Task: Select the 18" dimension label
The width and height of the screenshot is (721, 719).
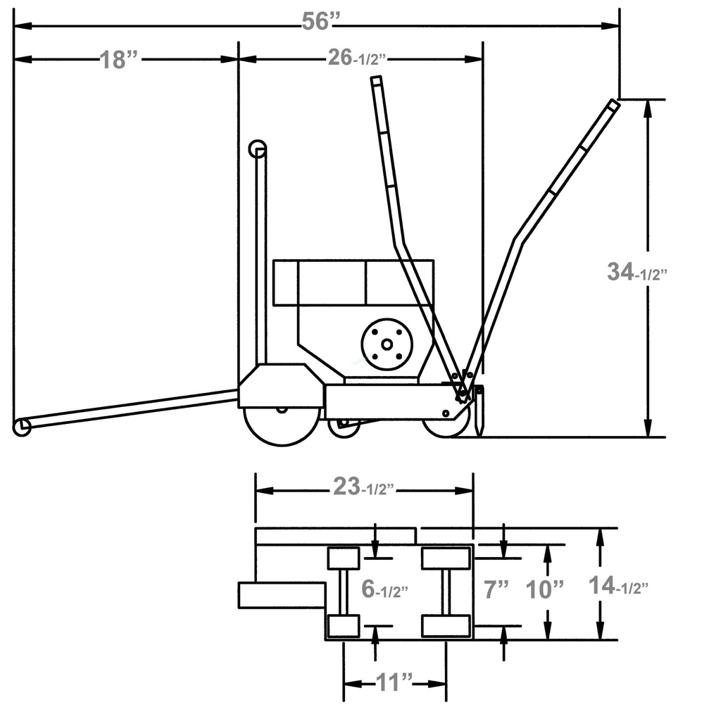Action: pos(118,60)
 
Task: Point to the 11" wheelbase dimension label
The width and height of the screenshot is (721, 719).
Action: pos(394,682)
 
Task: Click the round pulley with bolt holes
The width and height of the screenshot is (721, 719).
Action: pos(386,344)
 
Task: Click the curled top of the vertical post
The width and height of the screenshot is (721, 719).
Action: pos(258,149)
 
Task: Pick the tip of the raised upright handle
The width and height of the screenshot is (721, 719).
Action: pos(376,81)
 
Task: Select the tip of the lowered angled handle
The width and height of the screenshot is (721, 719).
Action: pos(613,105)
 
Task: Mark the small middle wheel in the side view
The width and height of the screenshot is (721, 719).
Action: pos(344,427)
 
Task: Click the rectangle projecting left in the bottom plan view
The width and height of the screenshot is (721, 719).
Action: pos(281,595)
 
